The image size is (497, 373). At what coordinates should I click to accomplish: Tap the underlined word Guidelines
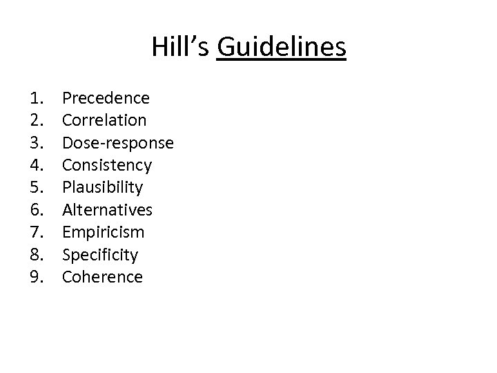pos(280,48)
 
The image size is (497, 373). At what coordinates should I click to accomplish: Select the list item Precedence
pos(106,97)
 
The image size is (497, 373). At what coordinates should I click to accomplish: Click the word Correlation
pos(104,120)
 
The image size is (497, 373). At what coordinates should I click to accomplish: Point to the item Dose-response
pos(118,143)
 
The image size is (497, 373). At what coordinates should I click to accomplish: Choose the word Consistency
pos(107,165)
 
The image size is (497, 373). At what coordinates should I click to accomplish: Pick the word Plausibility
pos(103,188)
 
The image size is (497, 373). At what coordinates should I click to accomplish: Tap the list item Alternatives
pos(107,210)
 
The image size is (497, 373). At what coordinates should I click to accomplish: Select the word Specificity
pos(100,255)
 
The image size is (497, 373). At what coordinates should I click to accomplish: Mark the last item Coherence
pos(102,277)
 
